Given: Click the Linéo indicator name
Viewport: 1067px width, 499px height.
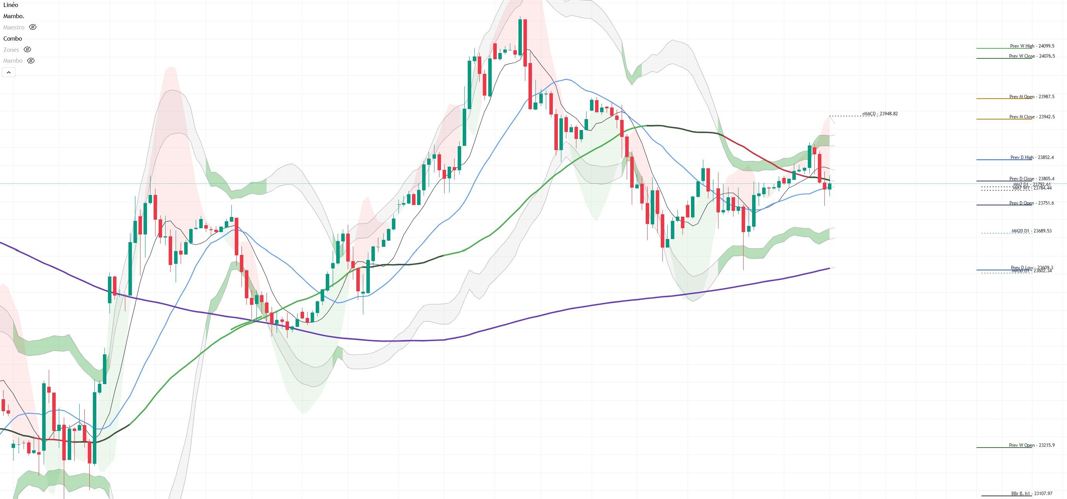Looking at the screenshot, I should [x=11, y=5].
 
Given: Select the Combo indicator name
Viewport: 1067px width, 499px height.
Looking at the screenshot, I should [x=12, y=39].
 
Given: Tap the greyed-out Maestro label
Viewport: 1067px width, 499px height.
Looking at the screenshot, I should [x=14, y=27].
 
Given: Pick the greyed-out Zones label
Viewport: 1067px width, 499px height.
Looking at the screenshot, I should [x=11, y=50].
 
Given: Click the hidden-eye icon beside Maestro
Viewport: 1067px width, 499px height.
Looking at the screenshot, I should [x=33, y=27].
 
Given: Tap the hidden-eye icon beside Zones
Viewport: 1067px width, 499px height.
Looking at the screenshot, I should [x=27, y=50].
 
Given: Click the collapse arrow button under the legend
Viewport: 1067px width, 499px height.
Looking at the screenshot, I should [x=9, y=72].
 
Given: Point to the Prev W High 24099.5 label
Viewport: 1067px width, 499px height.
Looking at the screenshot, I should [x=1032, y=46].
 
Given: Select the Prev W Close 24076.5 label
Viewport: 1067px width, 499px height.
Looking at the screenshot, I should [x=1031, y=56].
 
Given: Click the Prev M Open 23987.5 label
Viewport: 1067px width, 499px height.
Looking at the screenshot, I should [x=1031, y=96].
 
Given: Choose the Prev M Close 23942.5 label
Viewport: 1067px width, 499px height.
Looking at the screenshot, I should [x=1031, y=117].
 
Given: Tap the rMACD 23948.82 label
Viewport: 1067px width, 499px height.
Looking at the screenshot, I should [x=880, y=113].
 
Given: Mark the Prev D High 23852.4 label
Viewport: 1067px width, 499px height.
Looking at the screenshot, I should [x=1032, y=157].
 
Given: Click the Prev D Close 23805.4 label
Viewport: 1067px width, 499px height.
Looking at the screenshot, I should [x=1031, y=178].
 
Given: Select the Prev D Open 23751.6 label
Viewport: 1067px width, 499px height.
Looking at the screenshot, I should [x=1031, y=203].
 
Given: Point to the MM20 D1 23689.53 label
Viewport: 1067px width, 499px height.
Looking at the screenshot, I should [x=1031, y=231].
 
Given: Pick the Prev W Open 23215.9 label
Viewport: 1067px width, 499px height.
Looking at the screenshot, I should [x=1031, y=445].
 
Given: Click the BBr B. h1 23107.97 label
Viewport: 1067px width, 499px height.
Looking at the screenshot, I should [x=1031, y=494].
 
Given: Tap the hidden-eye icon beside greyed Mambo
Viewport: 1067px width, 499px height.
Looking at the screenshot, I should [x=31, y=61].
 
